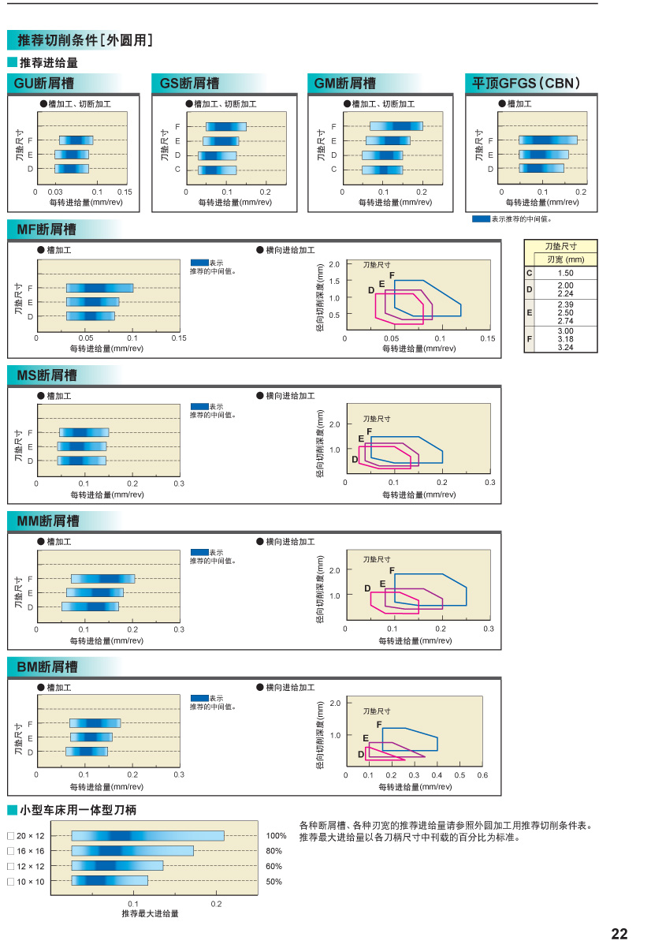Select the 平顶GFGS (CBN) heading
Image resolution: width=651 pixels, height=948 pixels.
pos(525,84)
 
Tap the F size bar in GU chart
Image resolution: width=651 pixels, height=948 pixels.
pos(76,140)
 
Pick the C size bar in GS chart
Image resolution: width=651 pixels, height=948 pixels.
pos(217,170)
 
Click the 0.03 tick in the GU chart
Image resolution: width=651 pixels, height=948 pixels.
pos(55,192)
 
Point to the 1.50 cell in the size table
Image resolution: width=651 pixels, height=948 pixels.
pos(565,272)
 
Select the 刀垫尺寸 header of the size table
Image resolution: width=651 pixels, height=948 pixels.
pos(560,246)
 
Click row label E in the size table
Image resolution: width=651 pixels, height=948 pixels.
pos(530,313)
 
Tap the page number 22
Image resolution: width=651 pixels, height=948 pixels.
pos(619,934)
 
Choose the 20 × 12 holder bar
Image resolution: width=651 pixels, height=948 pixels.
pos(147,835)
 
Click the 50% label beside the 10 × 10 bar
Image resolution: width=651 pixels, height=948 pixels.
pos(273,882)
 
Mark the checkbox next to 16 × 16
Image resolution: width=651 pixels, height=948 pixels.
pos(10,851)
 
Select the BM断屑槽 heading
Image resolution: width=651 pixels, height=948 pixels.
pos(47,667)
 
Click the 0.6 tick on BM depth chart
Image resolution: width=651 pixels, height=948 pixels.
pos(482,775)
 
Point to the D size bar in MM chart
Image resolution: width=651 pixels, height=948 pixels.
pos(90,606)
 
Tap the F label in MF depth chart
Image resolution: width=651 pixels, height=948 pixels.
pos(392,274)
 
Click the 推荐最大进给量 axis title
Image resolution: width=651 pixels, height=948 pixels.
pos(150,913)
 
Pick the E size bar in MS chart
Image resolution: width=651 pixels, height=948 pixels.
pos(82,446)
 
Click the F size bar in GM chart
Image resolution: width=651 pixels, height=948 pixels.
pos(396,126)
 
